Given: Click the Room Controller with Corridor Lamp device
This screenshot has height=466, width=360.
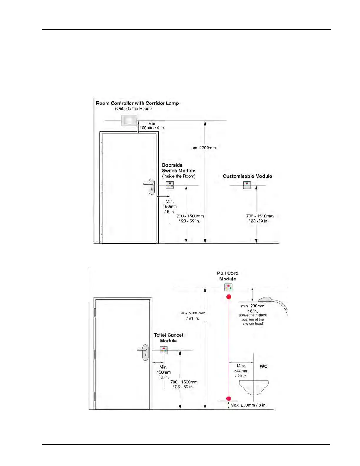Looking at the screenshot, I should (129, 121).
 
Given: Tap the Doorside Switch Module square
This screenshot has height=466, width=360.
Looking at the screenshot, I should (170, 184).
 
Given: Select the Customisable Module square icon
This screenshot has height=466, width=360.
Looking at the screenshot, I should (247, 184).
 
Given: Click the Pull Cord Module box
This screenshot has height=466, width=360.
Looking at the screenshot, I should (228, 287).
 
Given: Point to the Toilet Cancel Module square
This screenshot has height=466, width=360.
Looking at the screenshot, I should (164, 350).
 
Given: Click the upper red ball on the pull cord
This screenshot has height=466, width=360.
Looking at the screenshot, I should (229, 297).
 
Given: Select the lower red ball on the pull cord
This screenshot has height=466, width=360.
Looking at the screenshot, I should (229, 399).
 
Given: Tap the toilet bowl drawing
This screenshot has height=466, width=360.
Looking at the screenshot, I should (254, 386).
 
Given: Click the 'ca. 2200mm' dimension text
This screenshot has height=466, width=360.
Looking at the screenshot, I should (204, 148).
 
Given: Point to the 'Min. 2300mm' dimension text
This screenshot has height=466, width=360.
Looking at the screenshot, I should (193, 313).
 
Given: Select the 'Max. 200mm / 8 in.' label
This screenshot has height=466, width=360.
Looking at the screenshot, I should (249, 405).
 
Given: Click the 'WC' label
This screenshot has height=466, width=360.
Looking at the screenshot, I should (264, 366).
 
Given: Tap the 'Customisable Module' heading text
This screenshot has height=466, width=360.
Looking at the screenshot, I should (247, 176).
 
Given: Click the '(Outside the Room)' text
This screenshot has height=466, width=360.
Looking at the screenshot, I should (134, 109).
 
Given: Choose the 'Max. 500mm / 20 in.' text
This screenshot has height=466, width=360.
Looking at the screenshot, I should (241, 371).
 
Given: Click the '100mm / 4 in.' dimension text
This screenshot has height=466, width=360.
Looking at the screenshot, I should (152, 128).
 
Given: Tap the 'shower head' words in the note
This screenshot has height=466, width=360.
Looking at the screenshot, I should (253, 324).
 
